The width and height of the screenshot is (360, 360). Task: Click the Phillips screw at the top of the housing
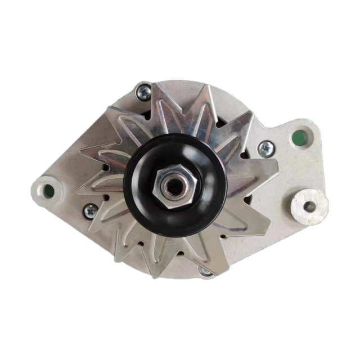144,92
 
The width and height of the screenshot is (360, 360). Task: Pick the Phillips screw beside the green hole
265,148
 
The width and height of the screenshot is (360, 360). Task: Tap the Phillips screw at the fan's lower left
91,211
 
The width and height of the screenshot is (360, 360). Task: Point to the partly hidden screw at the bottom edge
206,273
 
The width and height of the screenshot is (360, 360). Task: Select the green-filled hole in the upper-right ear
300,136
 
